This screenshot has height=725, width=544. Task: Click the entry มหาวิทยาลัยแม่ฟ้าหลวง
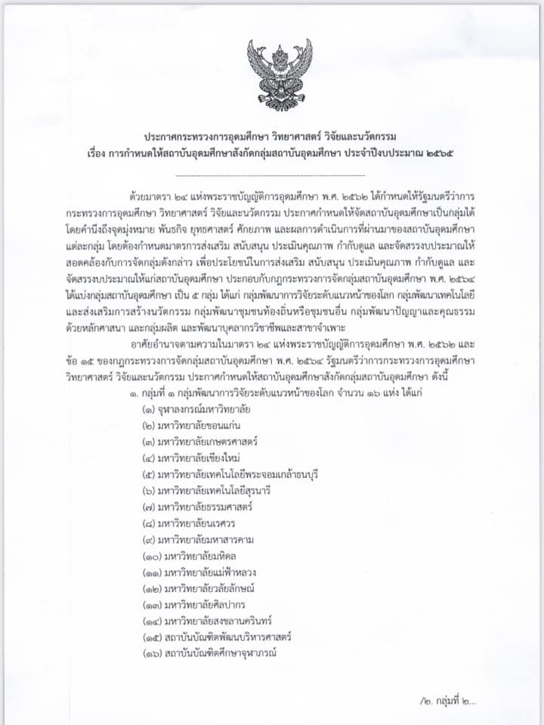200,573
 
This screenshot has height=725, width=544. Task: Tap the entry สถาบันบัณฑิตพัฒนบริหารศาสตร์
216,638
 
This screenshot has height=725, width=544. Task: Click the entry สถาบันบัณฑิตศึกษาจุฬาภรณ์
211,655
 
